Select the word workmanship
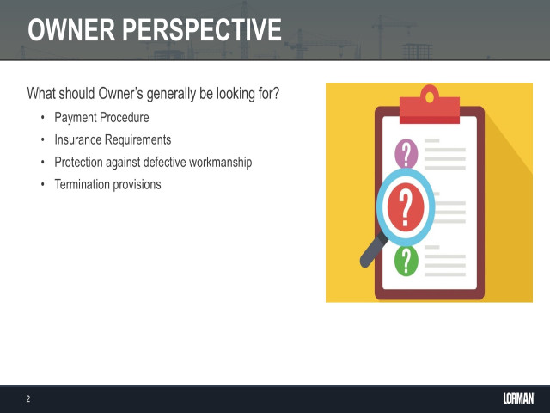pos(222,162)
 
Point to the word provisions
pos(137,184)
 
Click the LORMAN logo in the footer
pos(518,398)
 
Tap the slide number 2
pos(28,399)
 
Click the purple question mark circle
pos(406,154)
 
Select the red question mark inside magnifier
pos(406,206)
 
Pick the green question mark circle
pos(406,259)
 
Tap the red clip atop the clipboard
pos(430,107)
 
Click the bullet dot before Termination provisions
pos(42,185)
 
